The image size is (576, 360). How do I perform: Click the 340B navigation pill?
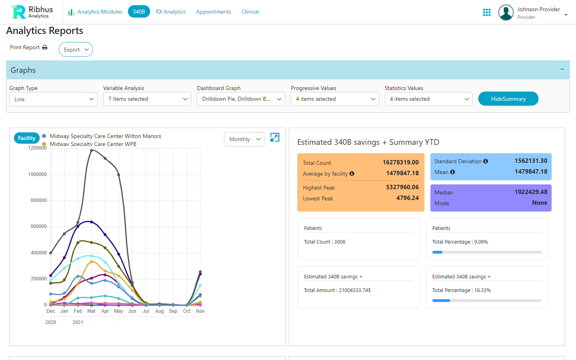click(x=139, y=12)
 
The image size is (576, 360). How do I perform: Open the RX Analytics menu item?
click(x=170, y=12)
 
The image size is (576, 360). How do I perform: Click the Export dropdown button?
click(x=76, y=50)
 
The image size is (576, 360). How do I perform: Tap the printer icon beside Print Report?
click(x=45, y=47)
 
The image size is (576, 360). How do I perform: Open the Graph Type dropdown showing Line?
click(x=53, y=99)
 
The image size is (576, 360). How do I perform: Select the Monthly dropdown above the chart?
click(x=244, y=139)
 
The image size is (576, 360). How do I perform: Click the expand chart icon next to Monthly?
click(x=275, y=137)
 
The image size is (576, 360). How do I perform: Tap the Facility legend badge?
click(x=27, y=138)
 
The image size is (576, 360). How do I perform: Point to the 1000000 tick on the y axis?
click(x=37, y=174)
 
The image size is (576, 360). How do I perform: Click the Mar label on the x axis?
click(x=91, y=311)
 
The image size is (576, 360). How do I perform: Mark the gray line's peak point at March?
click(x=92, y=150)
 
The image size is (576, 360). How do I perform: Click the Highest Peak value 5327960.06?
click(x=402, y=187)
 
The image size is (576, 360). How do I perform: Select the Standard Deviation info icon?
click(x=486, y=161)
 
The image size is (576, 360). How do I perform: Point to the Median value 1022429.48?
click(x=531, y=192)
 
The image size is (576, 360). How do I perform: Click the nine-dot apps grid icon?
click(x=487, y=12)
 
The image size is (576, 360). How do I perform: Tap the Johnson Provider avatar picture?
click(x=506, y=12)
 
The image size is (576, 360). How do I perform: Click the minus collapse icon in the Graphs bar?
click(x=562, y=70)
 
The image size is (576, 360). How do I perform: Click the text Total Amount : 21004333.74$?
click(x=337, y=290)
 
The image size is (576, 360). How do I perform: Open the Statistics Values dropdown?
click(x=428, y=99)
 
